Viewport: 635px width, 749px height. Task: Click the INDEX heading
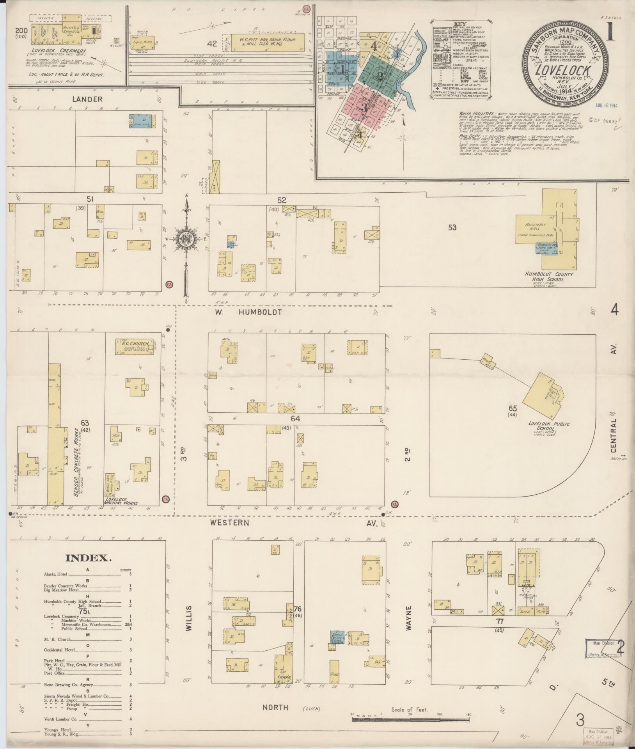(89, 557)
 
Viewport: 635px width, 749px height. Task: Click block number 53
(452, 227)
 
